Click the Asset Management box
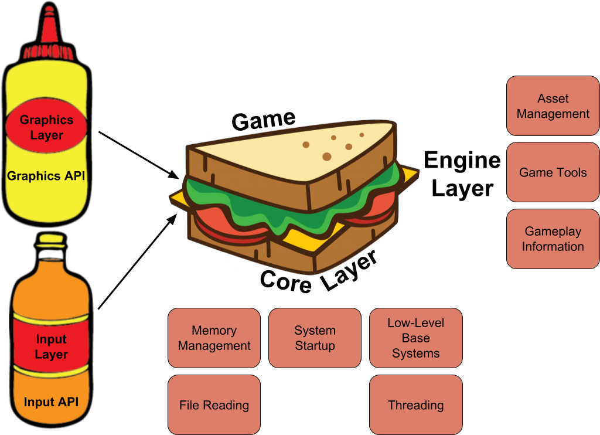tap(553, 106)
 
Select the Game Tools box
tap(553, 172)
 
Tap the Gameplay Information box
tap(553, 239)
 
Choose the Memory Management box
tap(214, 338)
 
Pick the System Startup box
tap(315, 338)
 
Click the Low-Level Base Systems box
tap(415, 338)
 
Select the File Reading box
tap(214, 405)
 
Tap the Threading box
tap(415, 405)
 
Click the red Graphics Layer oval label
tap(46, 127)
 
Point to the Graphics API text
tap(46, 176)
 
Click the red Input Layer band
tap(51, 346)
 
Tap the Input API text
tap(51, 402)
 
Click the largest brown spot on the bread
tap(326, 157)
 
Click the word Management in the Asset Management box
tap(553, 114)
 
